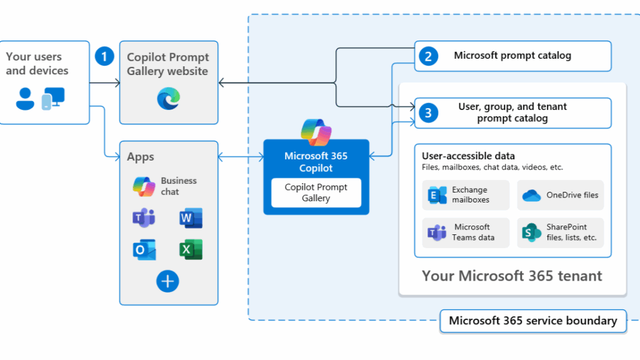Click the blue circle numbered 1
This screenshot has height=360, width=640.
(x=104, y=56)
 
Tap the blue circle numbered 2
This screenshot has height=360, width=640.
(x=428, y=56)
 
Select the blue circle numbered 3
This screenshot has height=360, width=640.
(x=428, y=112)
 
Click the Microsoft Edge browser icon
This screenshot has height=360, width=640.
(x=168, y=98)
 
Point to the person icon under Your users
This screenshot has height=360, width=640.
(x=26, y=98)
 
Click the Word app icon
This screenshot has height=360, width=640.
(x=191, y=218)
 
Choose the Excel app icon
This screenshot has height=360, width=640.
(x=191, y=249)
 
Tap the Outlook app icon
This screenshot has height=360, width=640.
(x=144, y=249)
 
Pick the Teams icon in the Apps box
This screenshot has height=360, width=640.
(x=144, y=218)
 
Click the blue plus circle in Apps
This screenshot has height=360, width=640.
(x=167, y=281)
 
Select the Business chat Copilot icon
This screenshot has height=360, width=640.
(x=144, y=186)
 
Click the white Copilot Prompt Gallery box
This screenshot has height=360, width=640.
(x=316, y=192)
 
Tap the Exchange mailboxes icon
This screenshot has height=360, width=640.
(x=437, y=195)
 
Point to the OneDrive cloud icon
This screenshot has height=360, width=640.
(x=531, y=195)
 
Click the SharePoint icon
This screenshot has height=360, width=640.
(x=531, y=232)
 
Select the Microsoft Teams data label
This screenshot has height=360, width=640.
(x=472, y=232)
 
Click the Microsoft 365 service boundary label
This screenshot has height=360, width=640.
(x=532, y=321)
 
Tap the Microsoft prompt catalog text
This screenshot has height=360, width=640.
(x=512, y=56)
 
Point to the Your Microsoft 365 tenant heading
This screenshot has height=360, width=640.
(x=512, y=276)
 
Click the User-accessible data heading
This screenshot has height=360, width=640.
(x=468, y=156)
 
